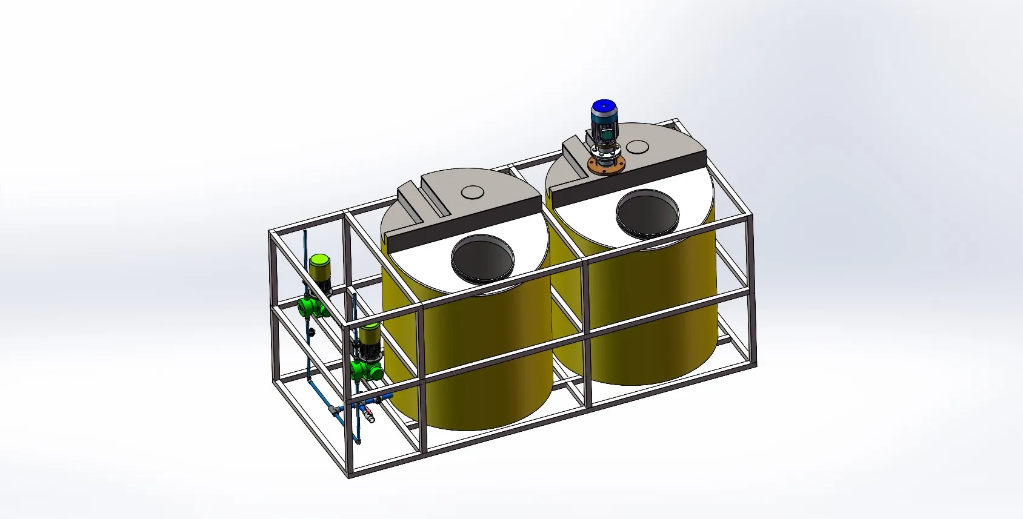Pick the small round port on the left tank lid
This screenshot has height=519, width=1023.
click(473, 193)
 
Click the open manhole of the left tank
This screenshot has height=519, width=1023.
click(483, 259)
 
